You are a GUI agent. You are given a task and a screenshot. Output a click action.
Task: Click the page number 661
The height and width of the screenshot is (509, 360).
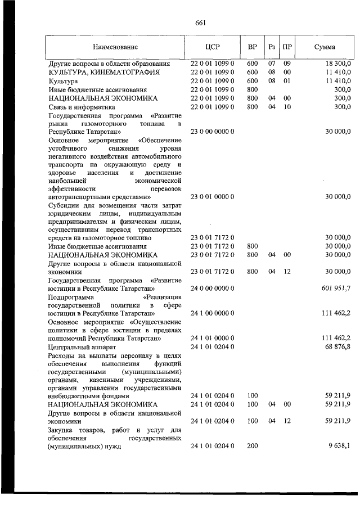coord(201,23)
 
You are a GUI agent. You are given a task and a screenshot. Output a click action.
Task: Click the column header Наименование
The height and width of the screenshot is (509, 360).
coord(115,47)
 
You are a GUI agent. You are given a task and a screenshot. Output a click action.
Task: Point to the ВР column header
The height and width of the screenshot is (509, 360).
coord(252,47)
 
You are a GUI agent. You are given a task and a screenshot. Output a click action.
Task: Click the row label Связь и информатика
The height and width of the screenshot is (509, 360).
coord(82,106)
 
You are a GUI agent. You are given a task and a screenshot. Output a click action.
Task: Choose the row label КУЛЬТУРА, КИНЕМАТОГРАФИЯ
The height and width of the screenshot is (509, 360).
coord(104,73)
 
